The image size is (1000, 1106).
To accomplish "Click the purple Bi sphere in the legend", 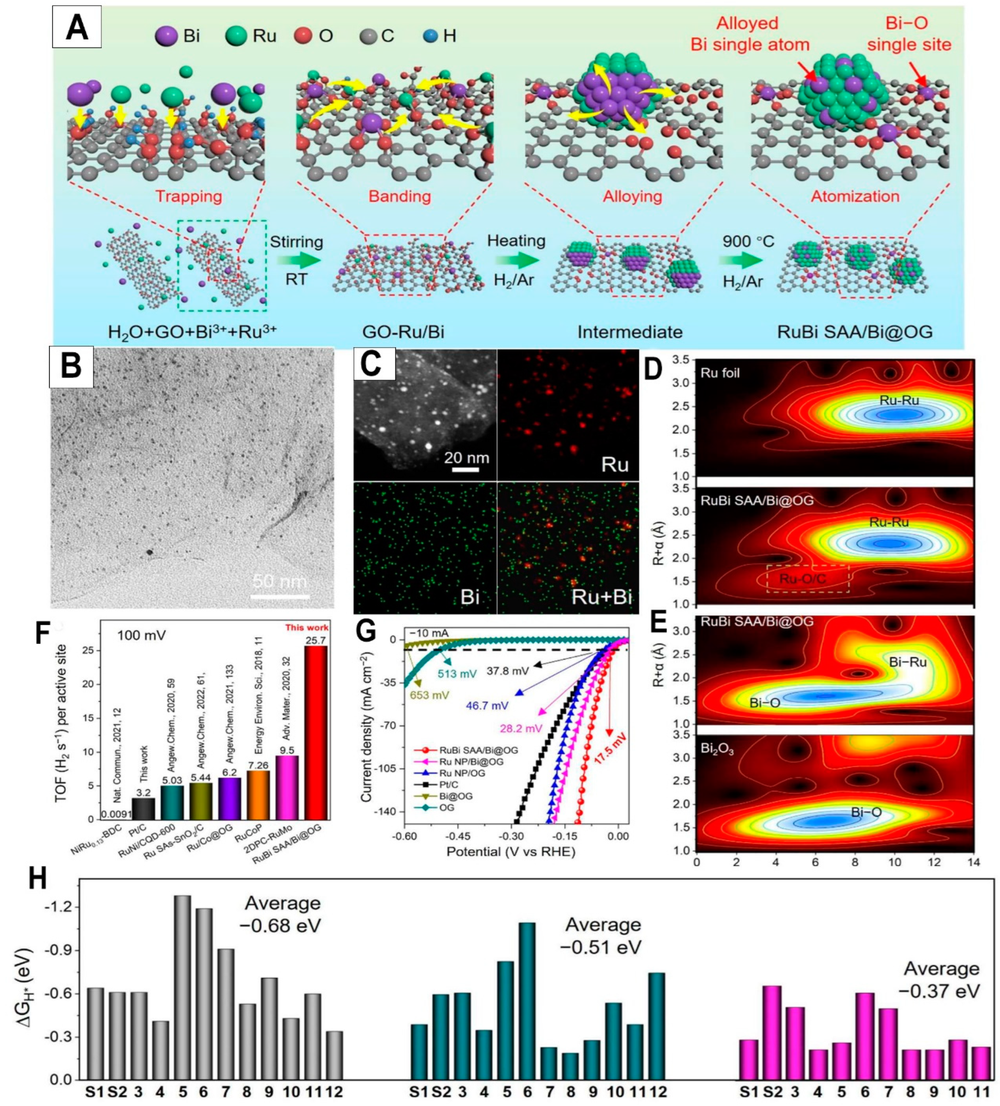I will pos(166,36).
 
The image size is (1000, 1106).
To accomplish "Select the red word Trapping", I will pos(189,196).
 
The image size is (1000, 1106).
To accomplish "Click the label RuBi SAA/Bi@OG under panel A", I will pos(855,332).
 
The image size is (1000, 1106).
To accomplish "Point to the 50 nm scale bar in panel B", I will pos(280,596).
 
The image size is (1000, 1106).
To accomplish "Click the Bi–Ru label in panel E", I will pos(908,662).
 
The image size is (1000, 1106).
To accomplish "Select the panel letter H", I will pos(37,878).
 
